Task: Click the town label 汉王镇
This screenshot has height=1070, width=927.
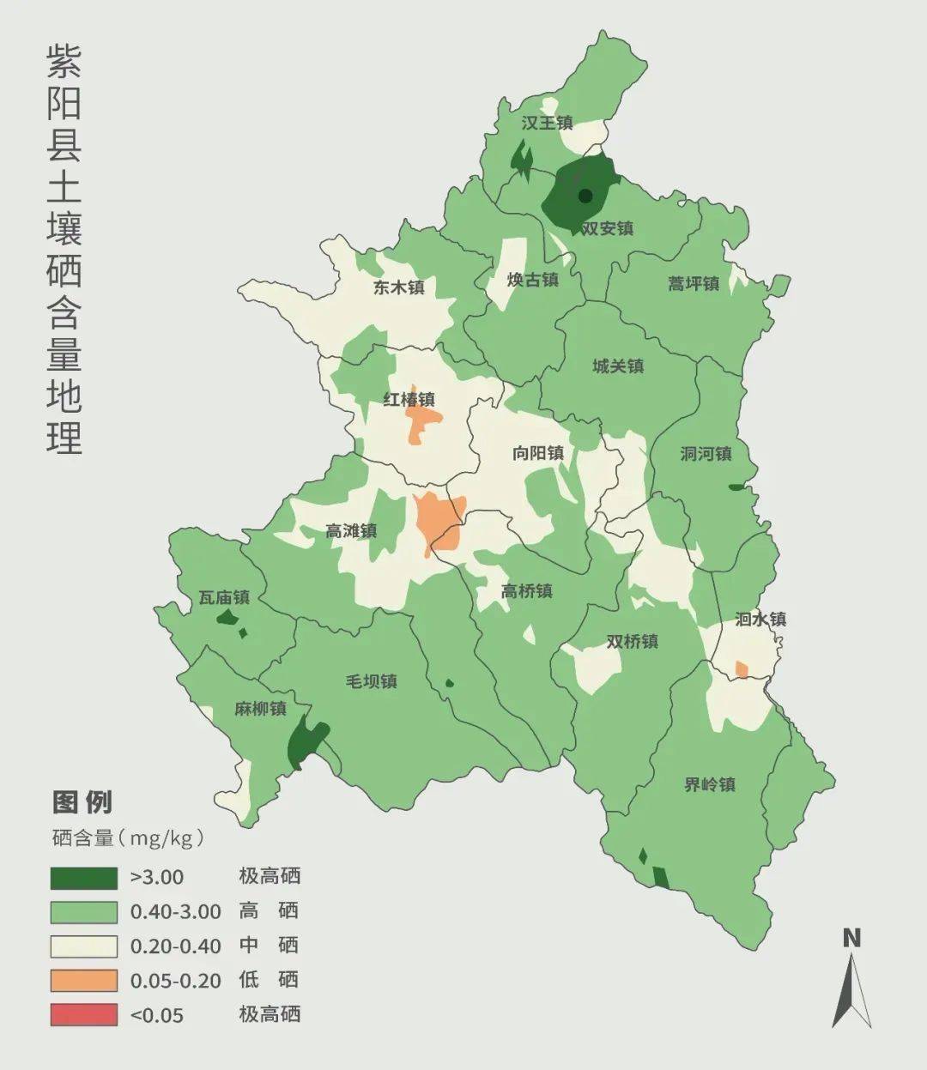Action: [x=547, y=124]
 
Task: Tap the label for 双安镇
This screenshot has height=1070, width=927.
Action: [x=608, y=229]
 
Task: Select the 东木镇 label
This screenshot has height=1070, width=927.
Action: [x=399, y=288]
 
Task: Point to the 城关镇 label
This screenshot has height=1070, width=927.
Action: [x=618, y=366]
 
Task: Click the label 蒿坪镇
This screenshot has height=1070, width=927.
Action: [x=694, y=283]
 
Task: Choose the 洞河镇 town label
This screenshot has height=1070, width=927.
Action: [x=706, y=454]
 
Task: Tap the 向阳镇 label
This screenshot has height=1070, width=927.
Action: [x=538, y=453]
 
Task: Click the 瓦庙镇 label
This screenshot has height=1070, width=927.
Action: [x=224, y=597]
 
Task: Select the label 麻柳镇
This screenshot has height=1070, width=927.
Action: [x=260, y=709]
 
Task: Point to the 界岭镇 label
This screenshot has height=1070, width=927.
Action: [x=710, y=784]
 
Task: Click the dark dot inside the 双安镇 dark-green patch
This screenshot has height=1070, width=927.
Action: [x=585, y=196]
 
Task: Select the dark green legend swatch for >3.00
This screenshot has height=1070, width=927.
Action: [x=83, y=877]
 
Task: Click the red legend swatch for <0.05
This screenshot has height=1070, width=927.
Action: [x=83, y=1014]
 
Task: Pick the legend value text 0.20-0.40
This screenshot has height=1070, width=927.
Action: [x=175, y=946]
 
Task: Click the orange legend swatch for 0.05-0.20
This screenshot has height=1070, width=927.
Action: [x=83, y=980]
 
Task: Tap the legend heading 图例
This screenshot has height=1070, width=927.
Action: [x=82, y=802]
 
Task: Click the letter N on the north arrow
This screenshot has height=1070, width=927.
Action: [x=851, y=938]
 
